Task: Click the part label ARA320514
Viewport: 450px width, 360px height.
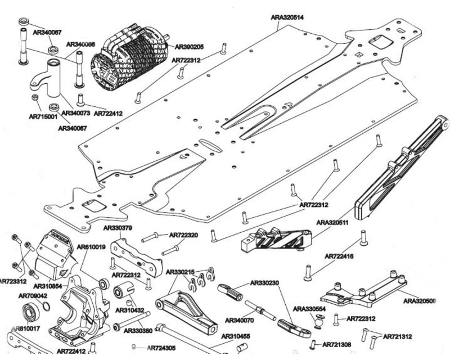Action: pyautogui.click(x=287, y=17)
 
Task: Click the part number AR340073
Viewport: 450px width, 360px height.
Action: pyautogui.click(x=75, y=113)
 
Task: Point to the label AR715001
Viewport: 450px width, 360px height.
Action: pyautogui.click(x=43, y=117)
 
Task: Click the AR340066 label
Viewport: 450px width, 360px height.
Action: pyautogui.click(x=80, y=44)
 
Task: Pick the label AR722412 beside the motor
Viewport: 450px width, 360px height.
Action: pyautogui.click(x=109, y=113)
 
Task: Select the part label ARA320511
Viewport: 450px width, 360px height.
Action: pyautogui.click(x=332, y=222)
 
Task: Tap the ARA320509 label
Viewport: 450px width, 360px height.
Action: pyautogui.click(x=420, y=301)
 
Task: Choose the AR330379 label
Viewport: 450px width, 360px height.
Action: pyautogui.click(x=118, y=228)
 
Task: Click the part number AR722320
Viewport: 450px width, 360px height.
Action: pyautogui.click(x=184, y=235)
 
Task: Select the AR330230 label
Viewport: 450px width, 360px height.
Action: pyautogui.click(x=265, y=282)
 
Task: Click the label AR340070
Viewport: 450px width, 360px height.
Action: pyautogui.click(x=240, y=320)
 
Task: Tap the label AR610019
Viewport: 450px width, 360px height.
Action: pyautogui.click(x=91, y=247)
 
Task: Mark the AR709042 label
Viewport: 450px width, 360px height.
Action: pyautogui.click(x=33, y=295)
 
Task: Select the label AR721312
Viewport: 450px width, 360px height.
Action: pyautogui.click(x=397, y=336)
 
